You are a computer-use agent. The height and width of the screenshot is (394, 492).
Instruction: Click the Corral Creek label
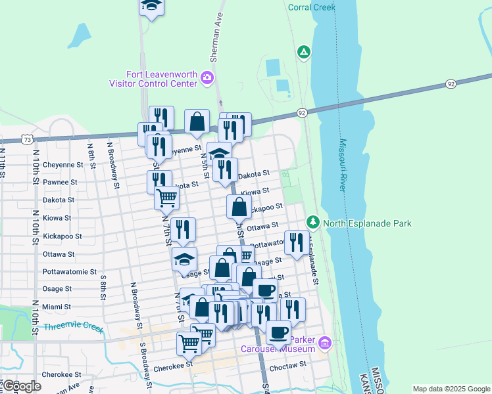click(312, 7)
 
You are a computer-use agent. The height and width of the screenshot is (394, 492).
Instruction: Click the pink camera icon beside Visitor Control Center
click(207, 79)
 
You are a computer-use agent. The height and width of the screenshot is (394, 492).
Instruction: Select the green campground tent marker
click(303, 52)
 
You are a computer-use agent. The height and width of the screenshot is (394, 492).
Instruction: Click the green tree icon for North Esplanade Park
click(313, 223)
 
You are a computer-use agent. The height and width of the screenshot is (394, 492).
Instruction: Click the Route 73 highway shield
click(26, 139)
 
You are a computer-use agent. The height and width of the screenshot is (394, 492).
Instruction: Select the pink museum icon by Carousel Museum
click(324, 342)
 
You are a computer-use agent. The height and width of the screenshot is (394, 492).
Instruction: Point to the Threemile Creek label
click(74, 327)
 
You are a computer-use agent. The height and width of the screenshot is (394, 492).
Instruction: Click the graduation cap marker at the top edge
click(151, 6)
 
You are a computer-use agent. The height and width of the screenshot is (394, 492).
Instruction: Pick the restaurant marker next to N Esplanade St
click(297, 242)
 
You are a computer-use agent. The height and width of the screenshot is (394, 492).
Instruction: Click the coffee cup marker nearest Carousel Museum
click(278, 332)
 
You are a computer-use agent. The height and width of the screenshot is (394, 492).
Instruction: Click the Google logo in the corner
click(22, 387)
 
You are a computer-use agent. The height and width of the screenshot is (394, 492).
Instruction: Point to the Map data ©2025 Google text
click(451, 389)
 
